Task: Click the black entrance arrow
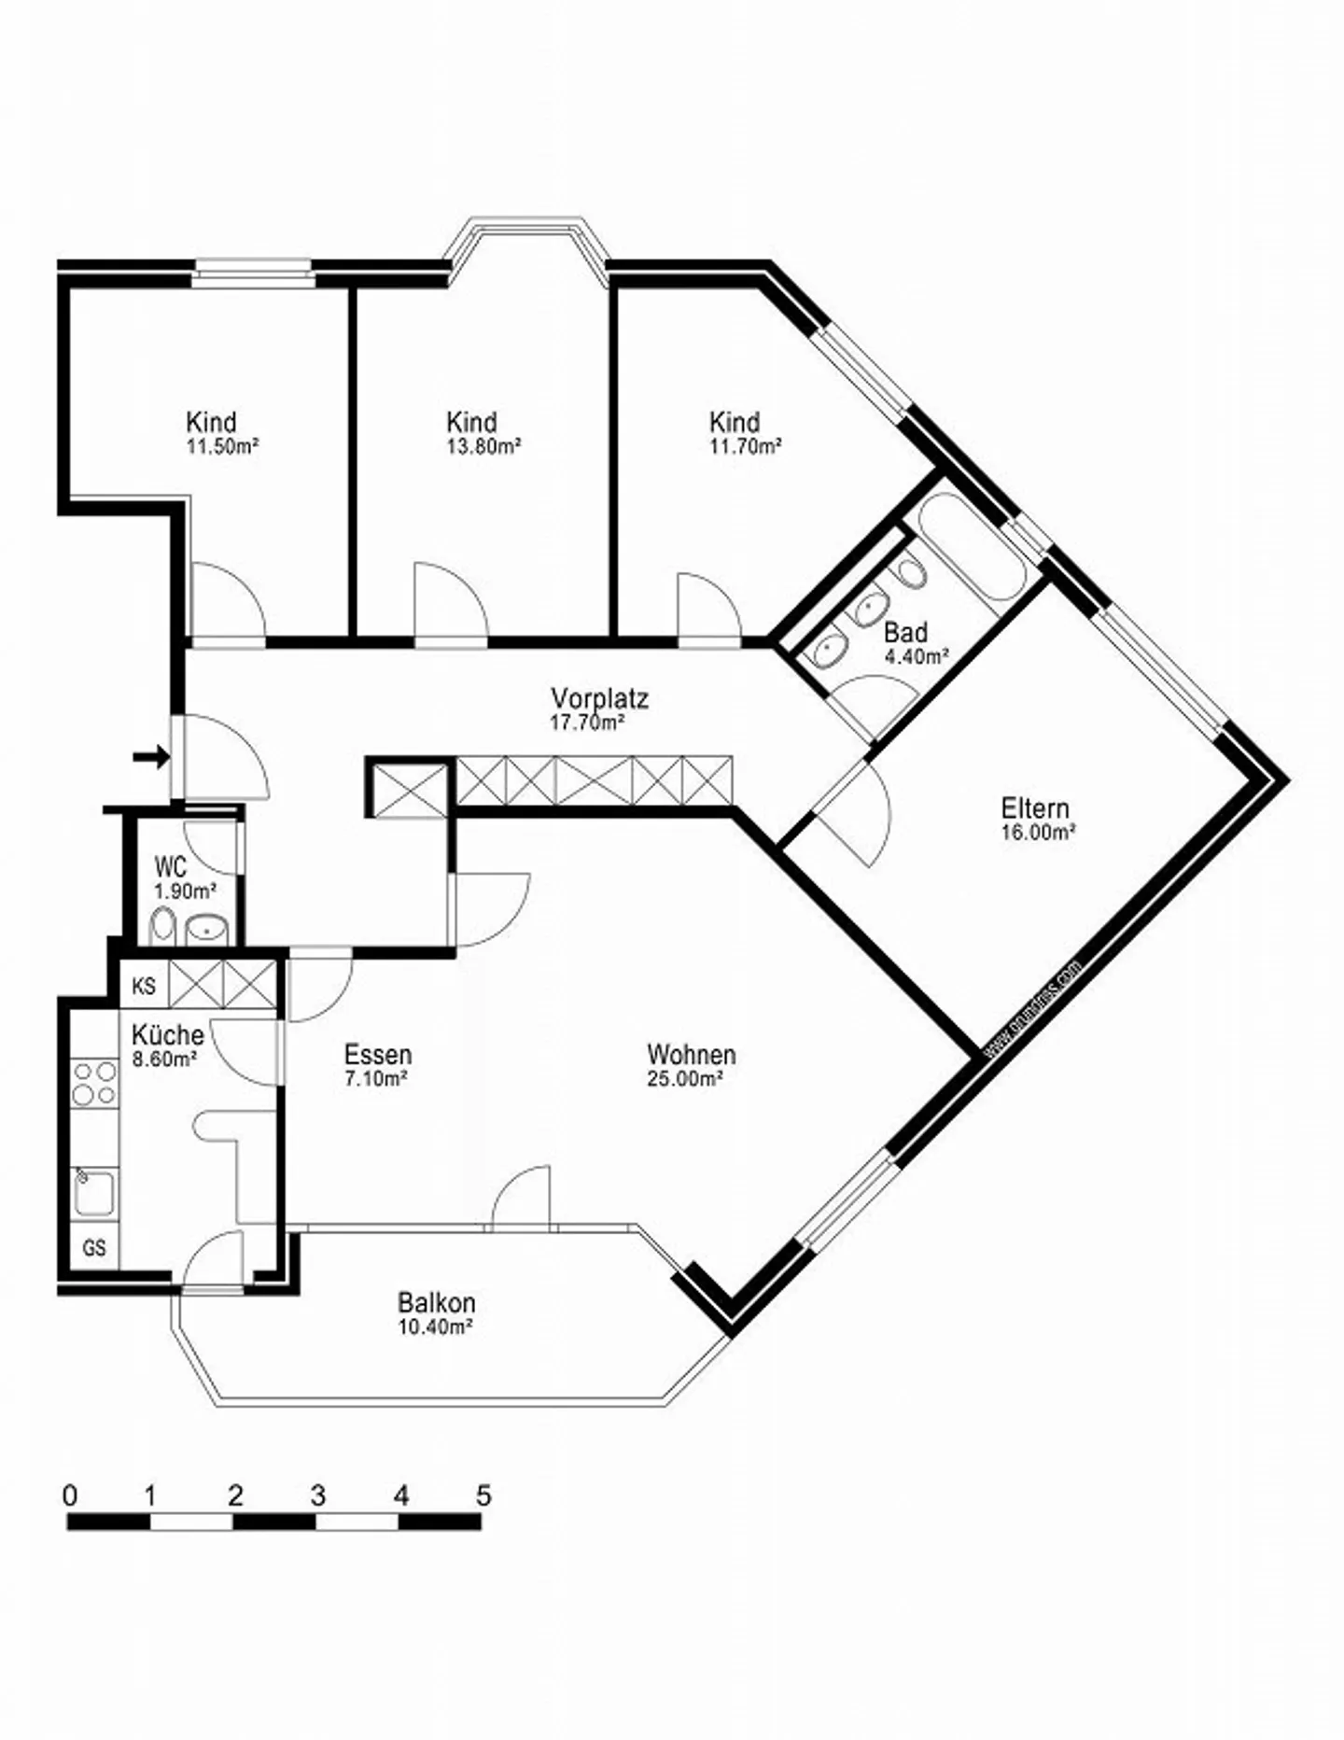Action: coord(151,757)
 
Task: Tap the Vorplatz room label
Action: coord(599,698)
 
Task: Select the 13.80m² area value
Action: coord(483,446)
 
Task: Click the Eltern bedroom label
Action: coord(1034,807)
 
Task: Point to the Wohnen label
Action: coord(691,1055)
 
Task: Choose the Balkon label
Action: coord(436,1302)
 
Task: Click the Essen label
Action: coord(377,1055)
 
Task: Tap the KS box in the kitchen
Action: coord(144,986)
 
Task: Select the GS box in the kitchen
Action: coord(94,1248)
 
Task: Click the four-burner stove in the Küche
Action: coord(94,1083)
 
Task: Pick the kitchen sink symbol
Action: coord(94,1193)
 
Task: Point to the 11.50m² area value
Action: coord(221,446)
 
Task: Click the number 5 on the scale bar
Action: coord(483,1496)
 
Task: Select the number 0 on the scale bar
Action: coord(70,1496)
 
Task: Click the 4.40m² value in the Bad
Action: coord(916,656)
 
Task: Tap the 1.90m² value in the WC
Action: coord(185,891)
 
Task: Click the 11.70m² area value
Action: coord(745,446)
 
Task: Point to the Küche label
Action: coord(167,1034)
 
